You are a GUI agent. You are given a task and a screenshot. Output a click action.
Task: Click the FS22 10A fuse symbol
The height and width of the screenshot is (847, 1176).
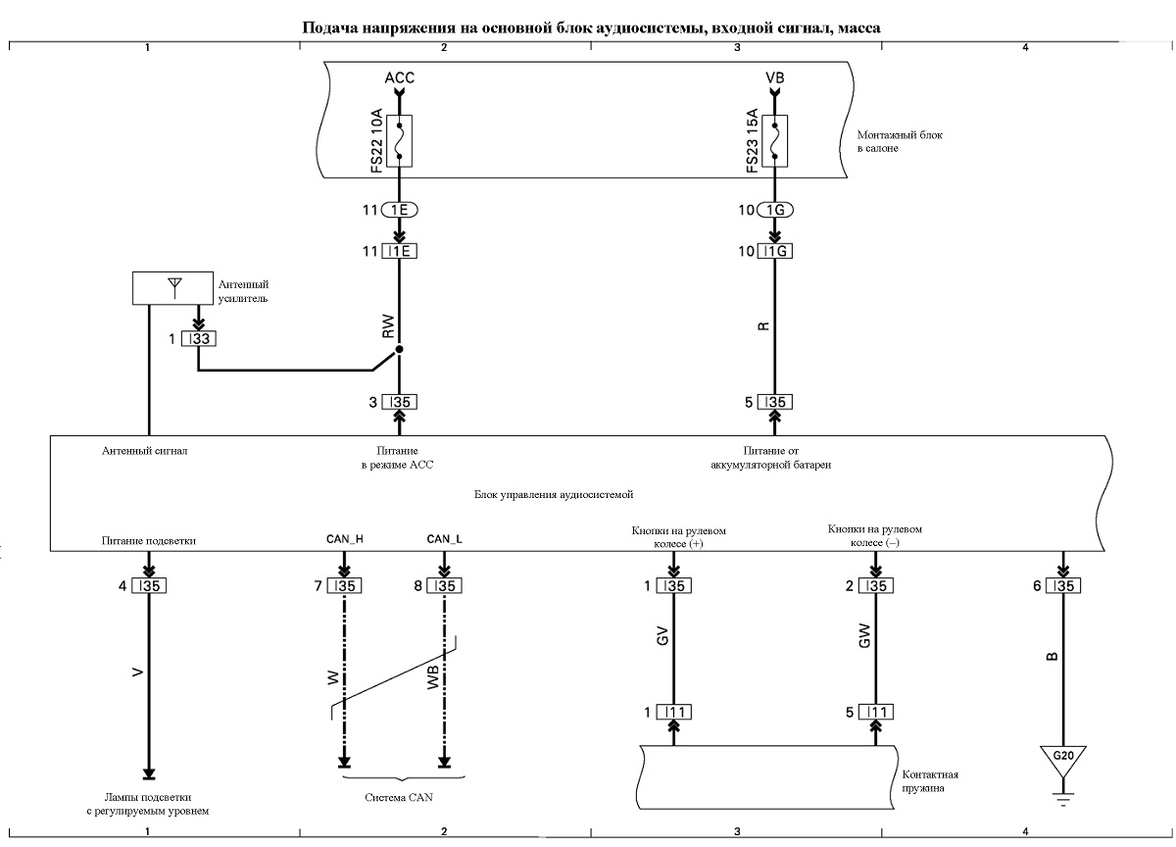(x=399, y=141)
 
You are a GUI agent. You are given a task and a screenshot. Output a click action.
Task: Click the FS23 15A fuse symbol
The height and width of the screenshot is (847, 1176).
(x=774, y=141)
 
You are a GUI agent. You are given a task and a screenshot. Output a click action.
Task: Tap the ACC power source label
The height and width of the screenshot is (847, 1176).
(x=400, y=77)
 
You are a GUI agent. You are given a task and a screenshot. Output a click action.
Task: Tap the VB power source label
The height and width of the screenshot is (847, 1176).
(x=775, y=77)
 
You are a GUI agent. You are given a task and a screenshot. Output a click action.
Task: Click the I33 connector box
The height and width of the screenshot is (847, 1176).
(x=198, y=338)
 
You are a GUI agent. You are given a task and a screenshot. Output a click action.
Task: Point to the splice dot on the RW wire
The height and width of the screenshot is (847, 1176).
(x=399, y=349)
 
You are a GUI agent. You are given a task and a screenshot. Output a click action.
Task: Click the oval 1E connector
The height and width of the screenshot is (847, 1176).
(x=400, y=210)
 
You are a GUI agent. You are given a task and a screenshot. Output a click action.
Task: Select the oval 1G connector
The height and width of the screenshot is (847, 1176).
(x=775, y=210)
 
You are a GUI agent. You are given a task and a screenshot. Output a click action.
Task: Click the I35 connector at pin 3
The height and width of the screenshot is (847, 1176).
(x=400, y=402)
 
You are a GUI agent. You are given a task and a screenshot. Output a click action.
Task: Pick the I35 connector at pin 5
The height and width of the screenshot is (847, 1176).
(x=775, y=402)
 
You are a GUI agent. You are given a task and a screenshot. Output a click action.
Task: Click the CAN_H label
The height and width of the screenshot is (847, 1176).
(x=344, y=539)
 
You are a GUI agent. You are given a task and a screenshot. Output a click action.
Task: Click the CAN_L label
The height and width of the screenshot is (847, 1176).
(x=444, y=539)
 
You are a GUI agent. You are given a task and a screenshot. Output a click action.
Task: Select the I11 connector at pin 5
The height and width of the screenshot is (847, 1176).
(x=876, y=712)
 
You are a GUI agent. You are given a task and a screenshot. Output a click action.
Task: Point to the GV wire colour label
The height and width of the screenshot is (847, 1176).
(x=662, y=636)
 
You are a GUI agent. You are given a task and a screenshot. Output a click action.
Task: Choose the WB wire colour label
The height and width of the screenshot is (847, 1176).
(x=432, y=677)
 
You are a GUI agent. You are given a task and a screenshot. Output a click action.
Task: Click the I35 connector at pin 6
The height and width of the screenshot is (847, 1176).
(x=1063, y=586)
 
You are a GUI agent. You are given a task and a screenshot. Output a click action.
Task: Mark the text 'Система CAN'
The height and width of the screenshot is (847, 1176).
(x=399, y=797)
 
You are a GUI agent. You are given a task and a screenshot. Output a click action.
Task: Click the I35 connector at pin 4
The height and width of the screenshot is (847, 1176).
(x=149, y=586)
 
